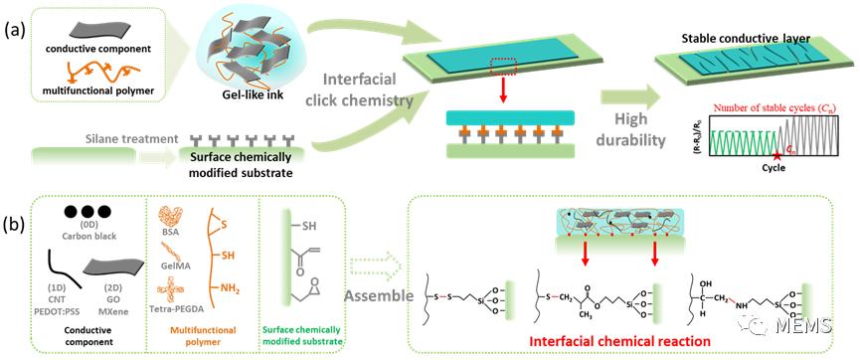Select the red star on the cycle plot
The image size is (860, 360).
[x=777, y=157]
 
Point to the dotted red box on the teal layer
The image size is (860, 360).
[x=503, y=67]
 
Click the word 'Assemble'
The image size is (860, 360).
[x=379, y=296]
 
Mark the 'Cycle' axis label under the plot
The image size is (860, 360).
[x=774, y=168]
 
